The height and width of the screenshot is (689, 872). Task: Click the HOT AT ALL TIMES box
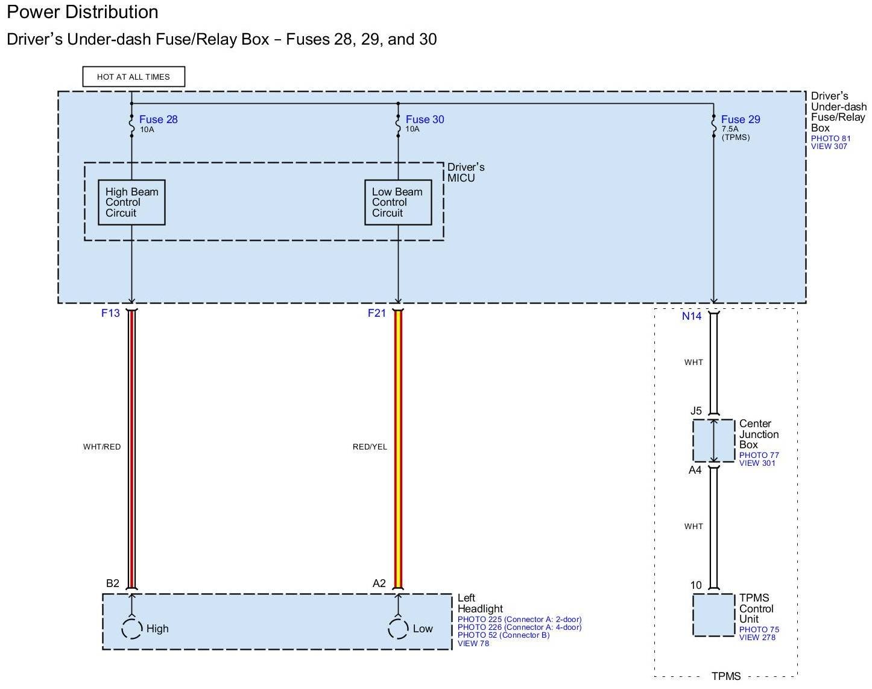tap(133, 77)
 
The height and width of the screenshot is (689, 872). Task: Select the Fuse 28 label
tap(158, 119)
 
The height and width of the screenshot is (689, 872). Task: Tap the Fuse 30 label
tap(425, 119)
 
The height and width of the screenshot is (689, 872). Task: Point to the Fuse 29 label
tap(740, 119)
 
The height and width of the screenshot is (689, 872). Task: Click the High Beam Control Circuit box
tap(131, 203)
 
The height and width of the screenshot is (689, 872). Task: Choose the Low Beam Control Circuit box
tap(398, 203)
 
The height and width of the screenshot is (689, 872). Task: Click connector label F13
tap(110, 313)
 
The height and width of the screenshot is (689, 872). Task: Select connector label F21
tap(377, 313)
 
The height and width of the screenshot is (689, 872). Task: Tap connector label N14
tap(692, 316)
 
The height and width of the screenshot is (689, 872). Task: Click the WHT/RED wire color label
tap(102, 447)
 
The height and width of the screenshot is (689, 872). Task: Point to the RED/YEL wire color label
tap(370, 447)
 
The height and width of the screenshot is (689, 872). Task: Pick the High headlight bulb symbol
tap(132, 629)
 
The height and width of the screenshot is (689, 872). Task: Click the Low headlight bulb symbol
tap(398, 629)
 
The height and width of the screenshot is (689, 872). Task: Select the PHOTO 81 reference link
tap(830, 139)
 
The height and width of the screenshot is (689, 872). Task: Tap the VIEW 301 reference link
tap(757, 463)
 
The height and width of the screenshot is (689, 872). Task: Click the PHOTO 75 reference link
tap(759, 630)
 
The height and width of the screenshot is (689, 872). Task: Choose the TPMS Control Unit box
tap(713, 615)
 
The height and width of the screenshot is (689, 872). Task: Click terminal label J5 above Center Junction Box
tap(696, 411)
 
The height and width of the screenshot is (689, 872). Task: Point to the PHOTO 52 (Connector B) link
tap(503, 635)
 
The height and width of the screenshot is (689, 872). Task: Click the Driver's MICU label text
tap(466, 173)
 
